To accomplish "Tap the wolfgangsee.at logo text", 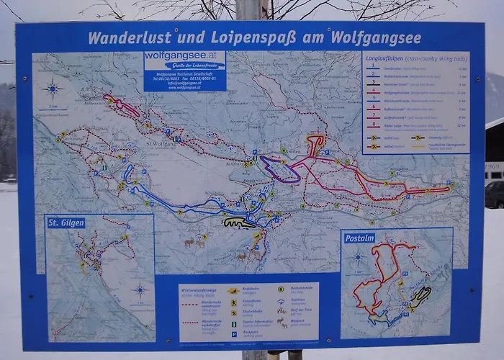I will (x=184, y=55).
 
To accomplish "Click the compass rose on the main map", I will (x=52, y=89).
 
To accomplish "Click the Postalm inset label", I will (x=358, y=238).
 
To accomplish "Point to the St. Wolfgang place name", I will (x=162, y=143).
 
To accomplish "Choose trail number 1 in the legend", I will (x=374, y=67).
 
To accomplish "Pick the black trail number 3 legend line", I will (x=374, y=84).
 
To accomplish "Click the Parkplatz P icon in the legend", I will (x=234, y=334).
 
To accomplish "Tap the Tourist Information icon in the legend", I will (x=234, y=324).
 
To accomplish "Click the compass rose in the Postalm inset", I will (x=358, y=257).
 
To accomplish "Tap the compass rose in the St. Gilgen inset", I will (x=140, y=290).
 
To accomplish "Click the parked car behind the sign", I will (x=495, y=194).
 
